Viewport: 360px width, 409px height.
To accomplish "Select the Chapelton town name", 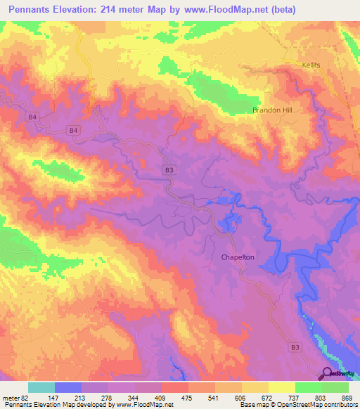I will tap(238, 258).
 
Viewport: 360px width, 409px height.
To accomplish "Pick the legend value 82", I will tap(25, 398).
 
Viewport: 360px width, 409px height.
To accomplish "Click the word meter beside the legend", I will tap(10, 398).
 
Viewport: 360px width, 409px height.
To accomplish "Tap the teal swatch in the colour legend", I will tap(41, 387).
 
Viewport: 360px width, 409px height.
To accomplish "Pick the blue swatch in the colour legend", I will tap(68, 387).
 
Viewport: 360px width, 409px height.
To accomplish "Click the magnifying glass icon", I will tap(327, 373).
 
